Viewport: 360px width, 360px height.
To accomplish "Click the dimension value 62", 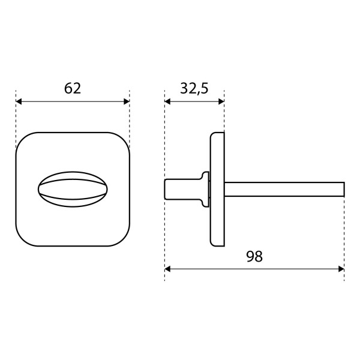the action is point(73,88).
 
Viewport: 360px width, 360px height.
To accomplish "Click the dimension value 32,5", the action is point(194,88).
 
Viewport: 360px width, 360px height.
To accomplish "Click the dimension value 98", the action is point(254,256).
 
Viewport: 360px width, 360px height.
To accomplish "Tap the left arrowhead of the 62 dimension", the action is point(19,101).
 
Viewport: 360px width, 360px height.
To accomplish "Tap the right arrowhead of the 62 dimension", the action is point(127,101).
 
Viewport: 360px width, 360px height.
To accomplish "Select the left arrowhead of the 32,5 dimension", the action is point(167,101).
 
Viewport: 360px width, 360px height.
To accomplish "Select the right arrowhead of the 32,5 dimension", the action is point(221,101).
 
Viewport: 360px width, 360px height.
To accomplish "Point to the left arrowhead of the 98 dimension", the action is point(167,269).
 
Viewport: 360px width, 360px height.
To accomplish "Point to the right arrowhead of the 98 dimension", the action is point(341,269).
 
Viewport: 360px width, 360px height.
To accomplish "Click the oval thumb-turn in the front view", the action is point(73,190).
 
